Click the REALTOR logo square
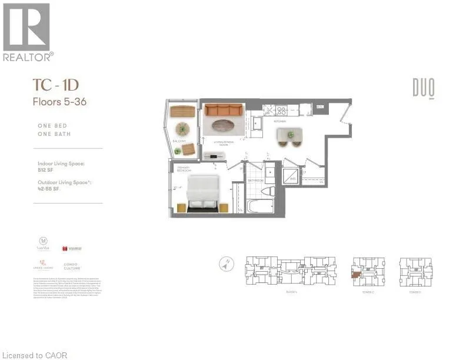click(26, 26)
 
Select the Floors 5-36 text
click(59, 101)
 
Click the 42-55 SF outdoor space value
click(48, 190)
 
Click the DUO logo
click(423, 89)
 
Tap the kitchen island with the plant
click(290, 135)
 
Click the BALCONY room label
click(179, 142)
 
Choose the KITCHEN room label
click(280, 122)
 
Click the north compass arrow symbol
click(226, 265)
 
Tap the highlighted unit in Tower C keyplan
click(356, 274)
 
